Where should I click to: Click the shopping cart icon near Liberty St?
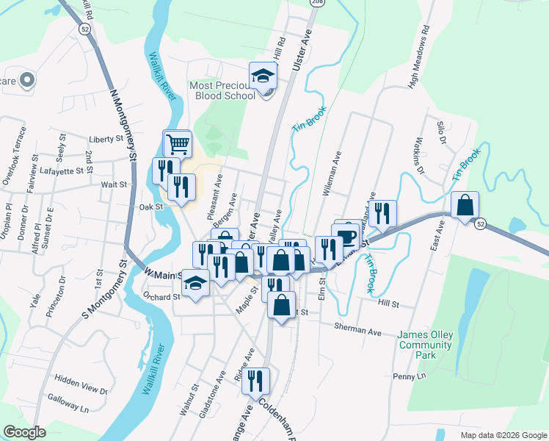pyautogui.click(x=177, y=144)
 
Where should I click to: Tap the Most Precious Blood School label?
pyautogui.click(x=222, y=90)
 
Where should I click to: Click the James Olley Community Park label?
pyautogui.click(x=426, y=345)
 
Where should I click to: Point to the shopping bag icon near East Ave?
pyautogui.click(x=465, y=205)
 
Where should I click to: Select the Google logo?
pyautogui.click(x=24, y=432)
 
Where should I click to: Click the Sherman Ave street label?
pyautogui.click(x=357, y=329)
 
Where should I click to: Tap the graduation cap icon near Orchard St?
pyautogui.click(x=196, y=283)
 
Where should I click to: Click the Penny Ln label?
pyautogui.click(x=410, y=376)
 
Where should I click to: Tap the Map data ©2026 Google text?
pyautogui.click(x=503, y=435)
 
